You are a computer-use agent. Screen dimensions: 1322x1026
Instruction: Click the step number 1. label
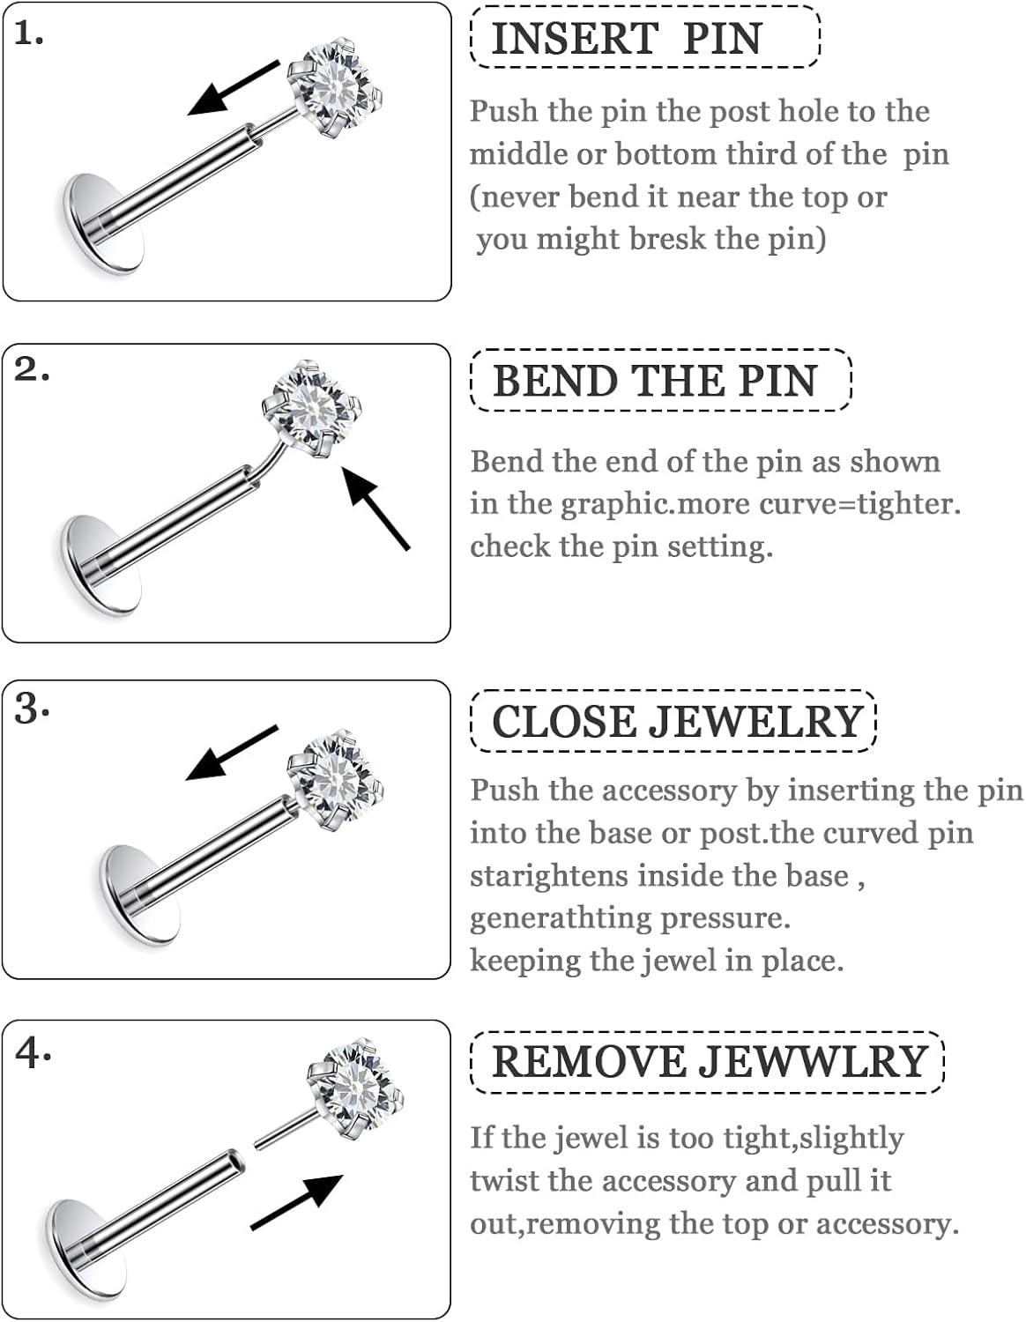[x=29, y=35]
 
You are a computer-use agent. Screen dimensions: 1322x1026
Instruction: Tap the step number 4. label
[x=33, y=1052]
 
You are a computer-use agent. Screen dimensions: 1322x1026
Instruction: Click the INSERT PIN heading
[x=626, y=39]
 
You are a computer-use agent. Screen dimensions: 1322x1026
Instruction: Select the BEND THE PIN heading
[x=654, y=381]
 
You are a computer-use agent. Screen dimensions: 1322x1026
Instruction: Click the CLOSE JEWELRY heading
[x=676, y=722]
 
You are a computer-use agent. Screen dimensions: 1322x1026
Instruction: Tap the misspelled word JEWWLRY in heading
[x=813, y=1061]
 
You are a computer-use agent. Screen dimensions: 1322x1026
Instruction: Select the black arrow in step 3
[x=231, y=754]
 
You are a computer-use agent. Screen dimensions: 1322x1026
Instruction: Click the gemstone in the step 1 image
[x=338, y=88]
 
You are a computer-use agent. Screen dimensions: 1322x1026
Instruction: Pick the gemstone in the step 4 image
[x=357, y=1084]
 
